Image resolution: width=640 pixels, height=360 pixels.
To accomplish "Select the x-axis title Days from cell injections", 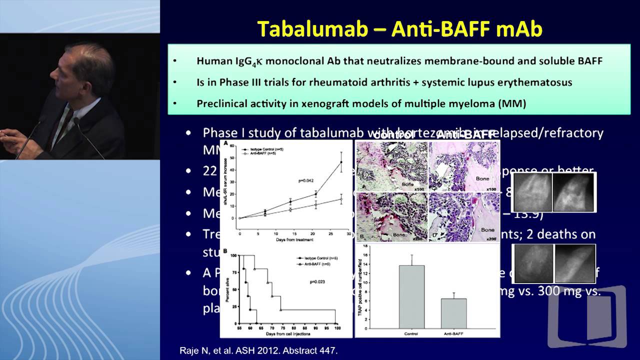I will point(287,333).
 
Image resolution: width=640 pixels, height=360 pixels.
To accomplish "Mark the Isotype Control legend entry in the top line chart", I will point(262,149).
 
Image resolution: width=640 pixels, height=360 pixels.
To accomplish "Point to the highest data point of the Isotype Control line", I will point(341,161).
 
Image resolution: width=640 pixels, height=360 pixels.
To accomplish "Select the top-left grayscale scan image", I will point(532,192).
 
